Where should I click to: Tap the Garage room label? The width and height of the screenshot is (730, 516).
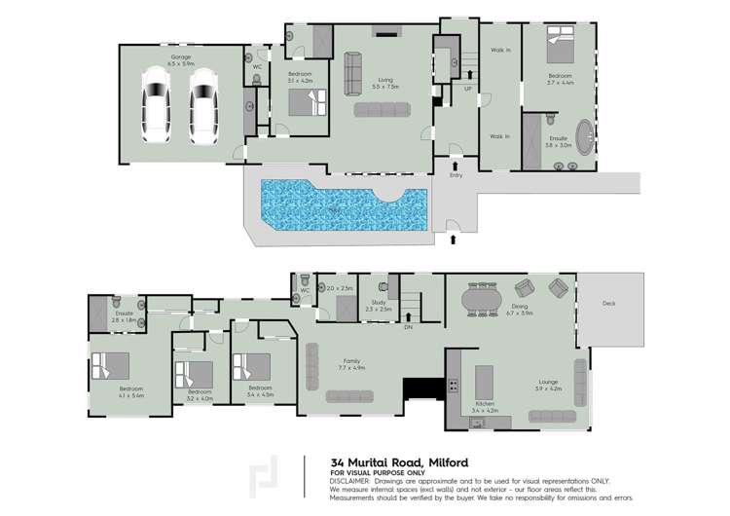pos(180,58)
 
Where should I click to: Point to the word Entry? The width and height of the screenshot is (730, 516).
pos(456,175)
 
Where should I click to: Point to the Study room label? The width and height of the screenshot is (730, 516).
pos(378,304)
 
